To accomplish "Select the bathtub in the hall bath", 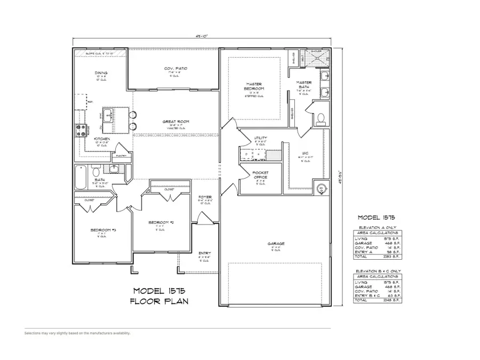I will (81, 178).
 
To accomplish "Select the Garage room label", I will (276, 244).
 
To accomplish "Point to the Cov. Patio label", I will (175, 69).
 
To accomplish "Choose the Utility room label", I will (260, 138).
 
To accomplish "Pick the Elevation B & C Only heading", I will (378, 271).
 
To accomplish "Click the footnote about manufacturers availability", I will (77, 333).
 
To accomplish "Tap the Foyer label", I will (205, 197).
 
